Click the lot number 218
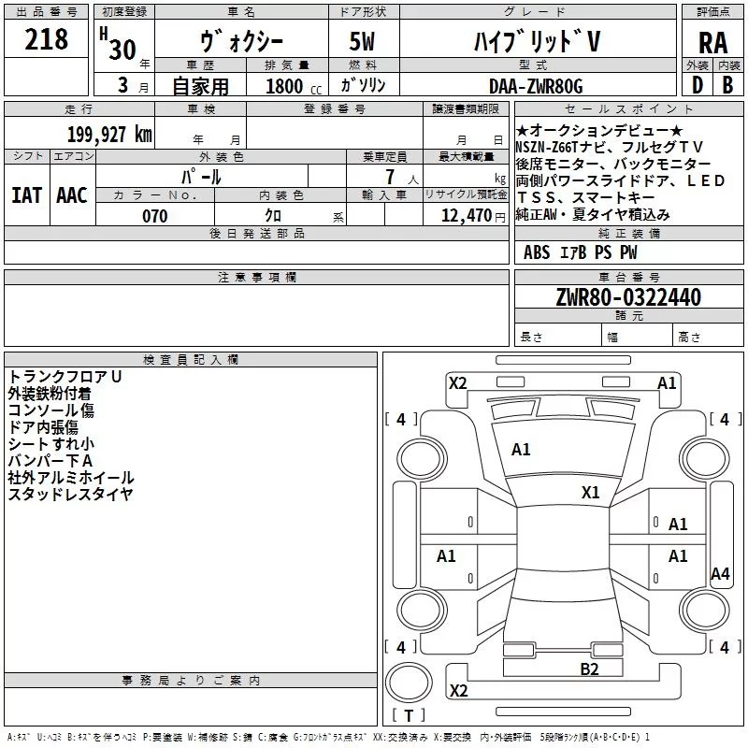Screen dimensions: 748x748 click(x=47, y=39)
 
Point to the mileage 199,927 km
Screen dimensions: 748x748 click(x=109, y=135)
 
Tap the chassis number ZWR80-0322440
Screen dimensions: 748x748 click(x=627, y=297)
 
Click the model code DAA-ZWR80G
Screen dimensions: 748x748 click(x=536, y=86)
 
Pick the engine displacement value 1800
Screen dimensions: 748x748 click(x=284, y=87)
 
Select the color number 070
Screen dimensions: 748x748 click(x=155, y=216)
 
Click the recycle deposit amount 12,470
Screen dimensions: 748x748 click(x=465, y=216)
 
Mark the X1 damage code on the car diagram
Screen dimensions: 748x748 click(x=590, y=492)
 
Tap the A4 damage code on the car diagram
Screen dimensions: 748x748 click(x=719, y=574)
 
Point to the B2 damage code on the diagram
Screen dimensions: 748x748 click(x=589, y=668)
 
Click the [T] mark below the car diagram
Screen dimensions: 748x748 click(x=408, y=716)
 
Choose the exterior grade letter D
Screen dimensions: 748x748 click(x=697, y=86)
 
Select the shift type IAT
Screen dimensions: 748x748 click(x=26, y=194)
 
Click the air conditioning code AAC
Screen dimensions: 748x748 click(x=71, y=194)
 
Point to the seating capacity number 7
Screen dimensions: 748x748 click(x=387, y=176)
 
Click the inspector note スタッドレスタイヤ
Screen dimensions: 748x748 click(x=70, y=495)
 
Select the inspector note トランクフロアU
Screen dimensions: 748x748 click(x=65, y=376)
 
